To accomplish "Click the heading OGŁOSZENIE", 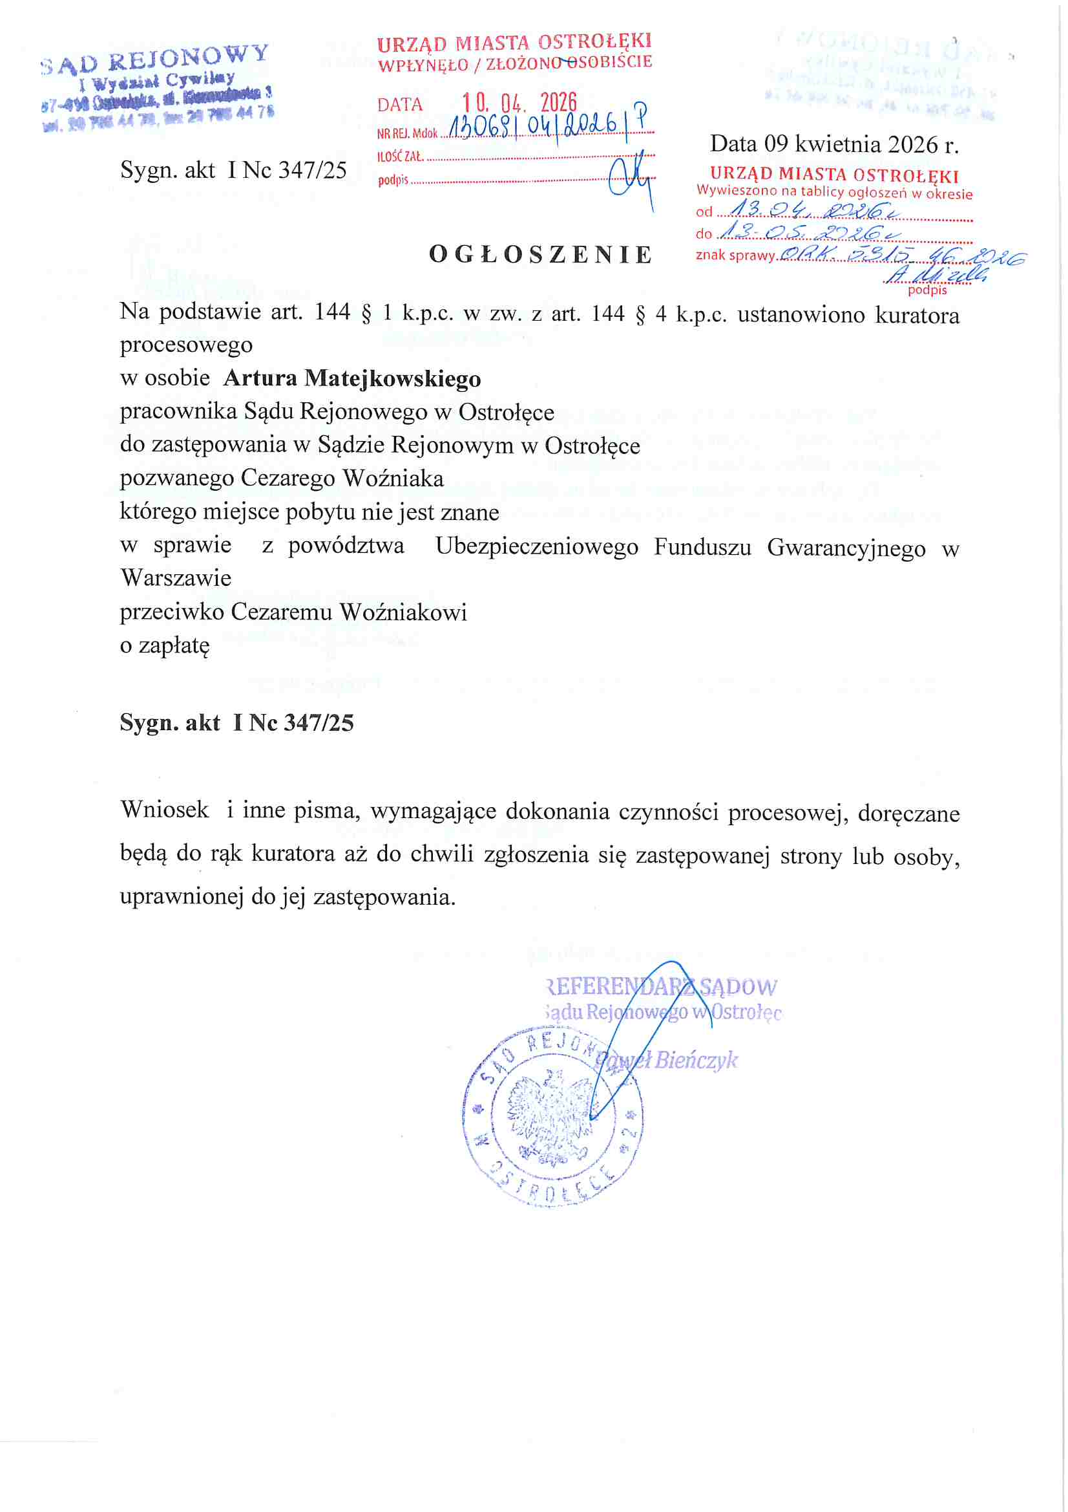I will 540,254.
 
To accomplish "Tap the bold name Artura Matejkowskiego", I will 352,379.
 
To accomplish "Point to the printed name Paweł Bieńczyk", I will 666,1059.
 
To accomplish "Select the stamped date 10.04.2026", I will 519,103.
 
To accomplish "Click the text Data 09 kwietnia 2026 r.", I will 833,144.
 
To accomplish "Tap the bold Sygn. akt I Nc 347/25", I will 236,722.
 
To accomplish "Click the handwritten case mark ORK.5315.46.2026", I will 901,255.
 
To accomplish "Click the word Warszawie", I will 176,578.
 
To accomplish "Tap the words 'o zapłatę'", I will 165,645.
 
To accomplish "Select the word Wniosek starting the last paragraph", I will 165,809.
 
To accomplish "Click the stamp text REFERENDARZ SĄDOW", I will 662,986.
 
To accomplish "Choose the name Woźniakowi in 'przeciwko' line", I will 403,612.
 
